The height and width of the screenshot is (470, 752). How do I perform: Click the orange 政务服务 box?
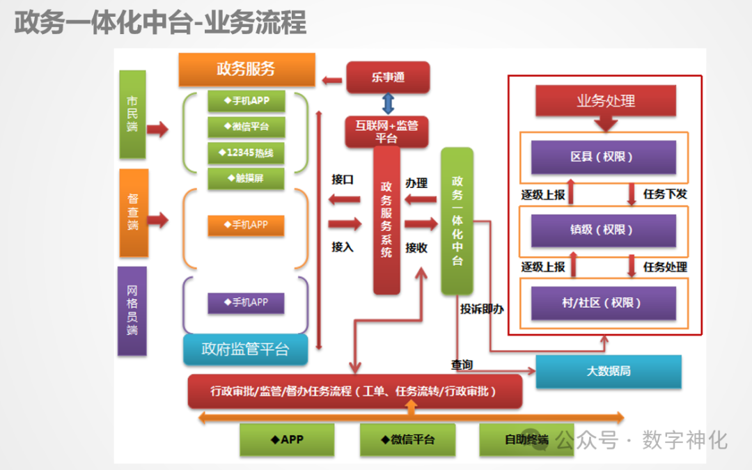tap(246, 69)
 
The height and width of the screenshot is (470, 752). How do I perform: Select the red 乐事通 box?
tap(388, 77)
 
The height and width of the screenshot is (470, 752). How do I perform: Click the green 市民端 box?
tap(132, 113)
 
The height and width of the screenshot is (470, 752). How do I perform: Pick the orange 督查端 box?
tap(134, 212)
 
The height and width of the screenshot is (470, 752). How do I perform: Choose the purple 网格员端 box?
tap(132, 311)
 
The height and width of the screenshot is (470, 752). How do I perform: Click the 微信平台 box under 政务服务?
tap(247, 127)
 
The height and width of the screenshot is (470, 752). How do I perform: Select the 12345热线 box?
tap(247, 152)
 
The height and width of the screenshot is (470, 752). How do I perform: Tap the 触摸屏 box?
tap(247, 178)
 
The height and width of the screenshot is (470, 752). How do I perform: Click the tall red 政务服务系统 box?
tap(386, 220)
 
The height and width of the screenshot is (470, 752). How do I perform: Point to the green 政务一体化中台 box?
tap(457, 220)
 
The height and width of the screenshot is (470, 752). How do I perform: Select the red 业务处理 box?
tap(606, 101)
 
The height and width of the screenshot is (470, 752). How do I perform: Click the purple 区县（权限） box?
tap(603, 157)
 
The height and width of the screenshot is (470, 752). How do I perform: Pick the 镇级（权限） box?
tap(603, 230)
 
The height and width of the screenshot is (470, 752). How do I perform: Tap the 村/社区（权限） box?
tap(603, 303)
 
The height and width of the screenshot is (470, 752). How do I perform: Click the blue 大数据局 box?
tap(608, 371)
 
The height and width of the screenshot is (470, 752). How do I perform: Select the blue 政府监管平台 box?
tap(245, 350)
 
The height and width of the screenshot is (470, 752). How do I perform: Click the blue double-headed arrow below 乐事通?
tap(388, 104)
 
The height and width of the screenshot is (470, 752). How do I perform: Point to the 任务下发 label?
tap(665, 194)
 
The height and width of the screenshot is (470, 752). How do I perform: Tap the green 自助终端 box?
tap(526, 439)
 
